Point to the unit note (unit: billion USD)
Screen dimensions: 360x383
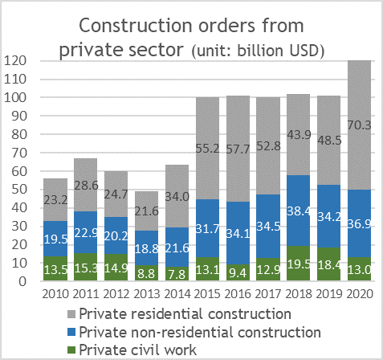point(257,52)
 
